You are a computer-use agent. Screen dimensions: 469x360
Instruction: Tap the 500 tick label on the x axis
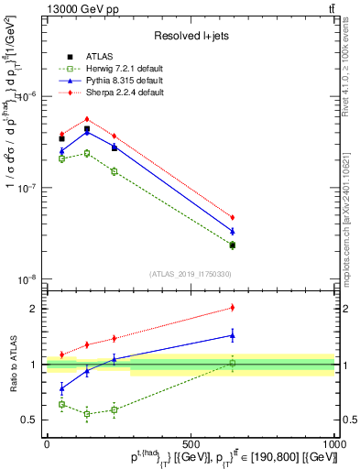(191, 442)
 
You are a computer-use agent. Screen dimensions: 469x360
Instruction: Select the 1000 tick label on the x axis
(333, 442)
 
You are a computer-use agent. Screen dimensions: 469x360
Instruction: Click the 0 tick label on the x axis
(47, 442)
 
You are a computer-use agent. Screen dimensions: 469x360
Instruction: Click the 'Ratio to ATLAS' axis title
(12, 364)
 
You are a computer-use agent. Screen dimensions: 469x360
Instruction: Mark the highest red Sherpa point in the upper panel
(87, 119)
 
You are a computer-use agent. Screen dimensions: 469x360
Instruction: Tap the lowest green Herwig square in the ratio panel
(87, 414)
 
